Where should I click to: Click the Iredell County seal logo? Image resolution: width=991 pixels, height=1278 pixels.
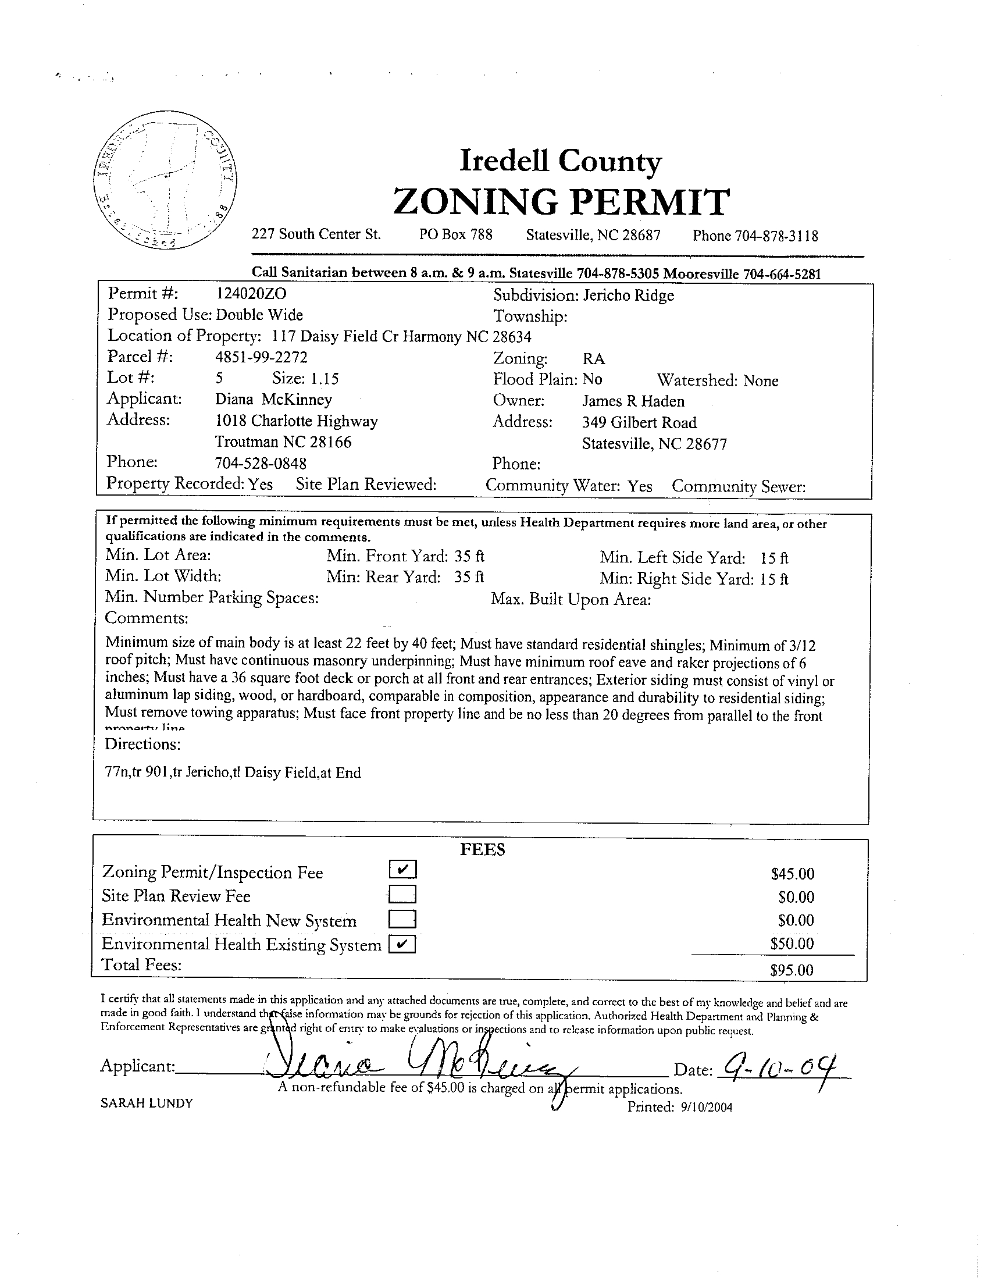pyautogui.click(x=166, y=183)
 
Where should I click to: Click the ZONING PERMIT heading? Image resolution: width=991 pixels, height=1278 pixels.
pyautogui.click(x=561, y=202)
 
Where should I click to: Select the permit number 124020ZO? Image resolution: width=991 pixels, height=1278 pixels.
pyautogui.click(x=251, y=294)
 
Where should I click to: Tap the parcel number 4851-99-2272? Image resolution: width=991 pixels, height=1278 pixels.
pyautogui.click(x=261, y=357)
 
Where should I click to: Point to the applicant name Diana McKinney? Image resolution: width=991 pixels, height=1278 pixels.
pyautogui.click(x=273, y=400)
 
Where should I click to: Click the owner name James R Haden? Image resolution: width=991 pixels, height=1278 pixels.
pyautogui.click(x=633, y=401)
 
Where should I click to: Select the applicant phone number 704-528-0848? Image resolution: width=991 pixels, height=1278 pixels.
pyautogui.click(x=261, y=464)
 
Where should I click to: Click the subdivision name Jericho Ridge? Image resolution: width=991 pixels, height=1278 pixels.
pyautogui.click(x=628, y=296)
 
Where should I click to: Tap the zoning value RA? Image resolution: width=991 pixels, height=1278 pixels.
pyautogui.click(x=593, y=359)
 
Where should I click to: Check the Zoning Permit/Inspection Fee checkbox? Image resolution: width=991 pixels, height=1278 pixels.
pyautogui.click(x=402, y=870)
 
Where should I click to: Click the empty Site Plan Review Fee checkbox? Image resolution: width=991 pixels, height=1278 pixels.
pyautogui.click(x=402, y=895)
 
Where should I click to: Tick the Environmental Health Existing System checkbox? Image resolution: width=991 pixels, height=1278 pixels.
pyautogui.click(x=402, y=945)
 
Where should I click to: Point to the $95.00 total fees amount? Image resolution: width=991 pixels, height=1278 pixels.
pyautogui.click(x=792, y=971)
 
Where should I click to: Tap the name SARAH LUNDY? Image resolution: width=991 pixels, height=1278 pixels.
pyautogui.click(x=146, y=1103)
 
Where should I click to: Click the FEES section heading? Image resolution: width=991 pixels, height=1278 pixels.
pyautogui.click(x=482, y=850)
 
